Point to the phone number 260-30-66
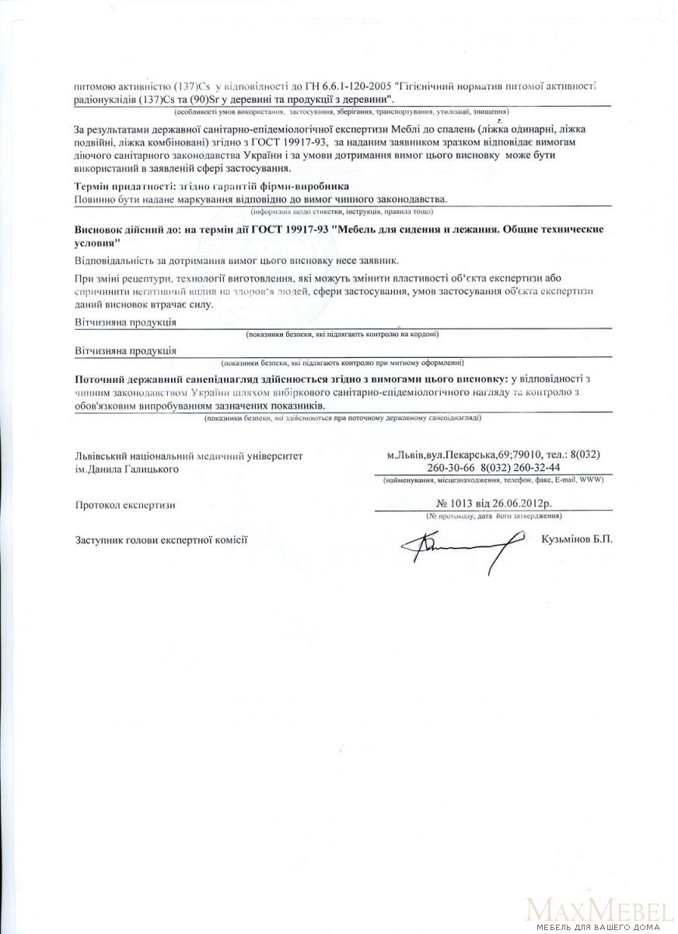452,467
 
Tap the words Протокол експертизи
125,505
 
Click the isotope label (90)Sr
199,100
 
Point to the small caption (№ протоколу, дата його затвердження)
494,516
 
